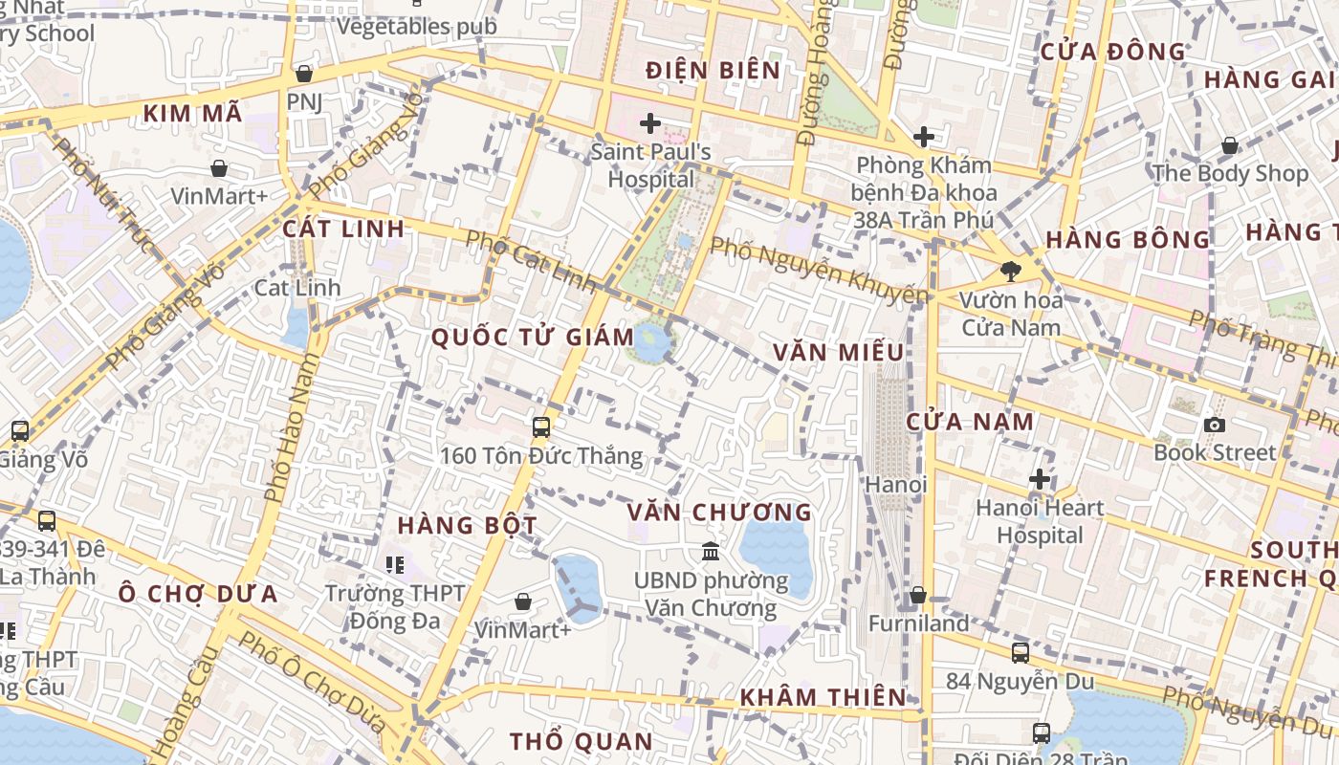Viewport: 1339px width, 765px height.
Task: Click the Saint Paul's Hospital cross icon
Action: [650, 123]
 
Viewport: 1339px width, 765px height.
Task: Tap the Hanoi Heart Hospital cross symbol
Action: [1040, 479]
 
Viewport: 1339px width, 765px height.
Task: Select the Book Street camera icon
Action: [1215, 425]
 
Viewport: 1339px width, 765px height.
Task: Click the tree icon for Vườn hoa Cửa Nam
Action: [1010, 272]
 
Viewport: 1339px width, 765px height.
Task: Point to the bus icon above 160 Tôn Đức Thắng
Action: [541, 426]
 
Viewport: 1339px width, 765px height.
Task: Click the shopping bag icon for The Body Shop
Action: [1230, 145]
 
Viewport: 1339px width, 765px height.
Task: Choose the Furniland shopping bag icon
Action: [918, 595]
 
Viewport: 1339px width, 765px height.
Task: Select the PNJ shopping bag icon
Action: [304, 73]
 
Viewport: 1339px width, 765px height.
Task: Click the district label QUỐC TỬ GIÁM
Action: [533, 337]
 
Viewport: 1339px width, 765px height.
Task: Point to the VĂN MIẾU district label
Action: [839, 352]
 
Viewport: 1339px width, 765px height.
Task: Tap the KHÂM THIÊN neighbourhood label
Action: [823, 696]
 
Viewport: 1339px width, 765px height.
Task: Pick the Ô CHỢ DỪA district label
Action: [198, 594]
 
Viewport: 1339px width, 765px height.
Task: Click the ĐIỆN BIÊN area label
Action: [713, 70]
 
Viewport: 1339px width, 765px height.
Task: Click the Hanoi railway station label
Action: [896, 485]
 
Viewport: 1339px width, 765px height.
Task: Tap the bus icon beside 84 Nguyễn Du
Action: [1021, 653]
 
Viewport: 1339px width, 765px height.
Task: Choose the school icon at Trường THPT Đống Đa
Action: [395, 565]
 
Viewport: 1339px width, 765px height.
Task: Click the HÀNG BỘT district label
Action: [468, 525]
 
